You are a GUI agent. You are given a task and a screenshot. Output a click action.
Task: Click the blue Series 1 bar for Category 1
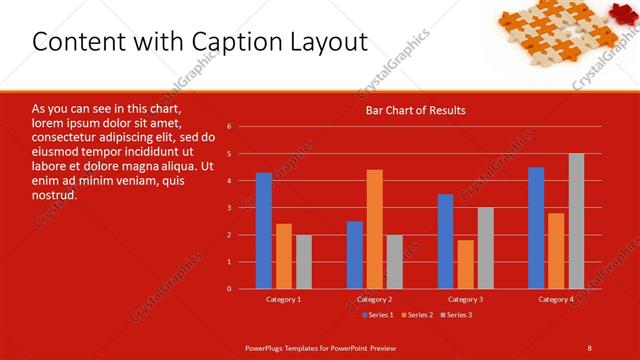pyautogui.click(x=263, y=231)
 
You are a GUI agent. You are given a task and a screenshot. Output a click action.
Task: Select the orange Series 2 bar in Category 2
pyautogui.click(x=375, y=229)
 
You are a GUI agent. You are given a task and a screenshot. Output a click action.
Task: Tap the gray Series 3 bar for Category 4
pyautogui.click(x=576, y=221)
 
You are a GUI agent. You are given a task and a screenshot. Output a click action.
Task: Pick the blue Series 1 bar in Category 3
pyautogui.click(x=445, y=241)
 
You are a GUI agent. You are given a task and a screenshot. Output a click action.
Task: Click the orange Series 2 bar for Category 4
pyautogui.click(x=556, y=251)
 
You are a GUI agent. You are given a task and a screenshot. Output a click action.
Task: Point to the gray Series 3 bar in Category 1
pyautogui.click(x=303, y=262)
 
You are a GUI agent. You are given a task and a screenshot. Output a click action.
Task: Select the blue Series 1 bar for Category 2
pyautogui.click(x=355, y=255)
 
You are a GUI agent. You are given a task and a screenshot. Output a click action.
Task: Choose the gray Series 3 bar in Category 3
pyautogui.click(x=485, y=248)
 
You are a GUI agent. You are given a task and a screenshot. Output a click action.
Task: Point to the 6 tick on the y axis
pyautogui.click(x=229, y=127)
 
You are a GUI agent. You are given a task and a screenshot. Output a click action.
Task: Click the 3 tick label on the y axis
pyautogui.click(x=229, y=208)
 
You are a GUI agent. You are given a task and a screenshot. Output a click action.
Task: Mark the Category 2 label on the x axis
pyautogui.click(x=375, y=299)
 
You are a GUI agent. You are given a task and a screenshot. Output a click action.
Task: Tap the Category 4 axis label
pyautogui.click(x=556, y=299)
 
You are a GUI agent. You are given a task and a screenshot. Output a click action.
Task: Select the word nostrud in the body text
pyautogui.click(x=54, y=195)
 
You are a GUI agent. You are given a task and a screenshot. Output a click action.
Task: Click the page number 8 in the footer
pyautogui.click(x=590, y=347)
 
